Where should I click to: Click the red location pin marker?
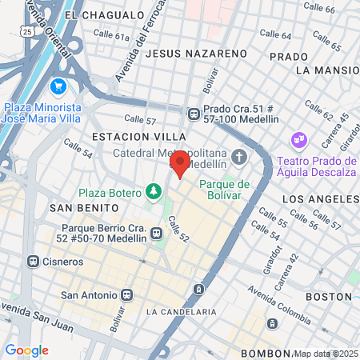180,164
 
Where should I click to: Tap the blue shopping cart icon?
58,86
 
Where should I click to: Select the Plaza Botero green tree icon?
153,192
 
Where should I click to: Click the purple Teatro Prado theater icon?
300,140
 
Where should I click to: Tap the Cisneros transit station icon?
33,261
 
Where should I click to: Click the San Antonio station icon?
126,294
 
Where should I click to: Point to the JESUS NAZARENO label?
197,53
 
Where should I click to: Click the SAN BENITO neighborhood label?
78,207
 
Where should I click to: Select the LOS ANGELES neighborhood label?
319,198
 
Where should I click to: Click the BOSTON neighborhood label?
330,297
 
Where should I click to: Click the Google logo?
26,350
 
